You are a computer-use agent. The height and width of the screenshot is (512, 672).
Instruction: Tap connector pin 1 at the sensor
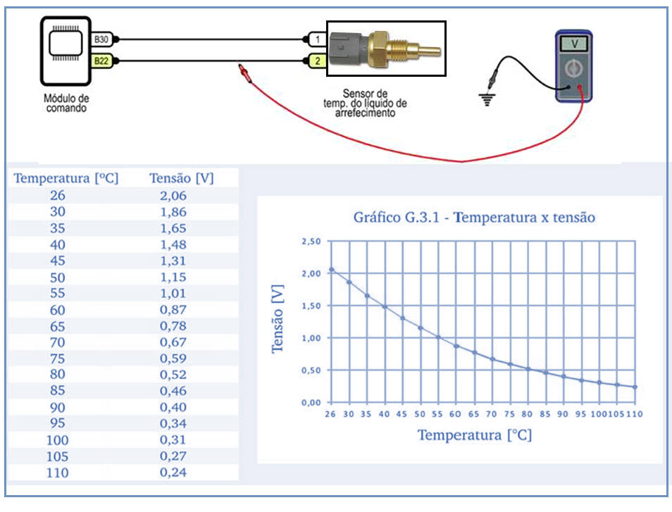pyautogui.click(x=318, y=39)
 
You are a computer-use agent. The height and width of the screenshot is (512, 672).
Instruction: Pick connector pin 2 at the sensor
pyautogui.click(x=318, y=61)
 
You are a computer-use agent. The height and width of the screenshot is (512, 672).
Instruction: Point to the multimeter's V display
pyautogui.click(x=576, y=43)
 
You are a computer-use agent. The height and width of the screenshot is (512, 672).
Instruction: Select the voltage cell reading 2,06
pyautogui.click(x=173, y=196)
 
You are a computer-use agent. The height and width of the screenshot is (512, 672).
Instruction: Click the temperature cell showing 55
pyautogui.click(x=58, y=293)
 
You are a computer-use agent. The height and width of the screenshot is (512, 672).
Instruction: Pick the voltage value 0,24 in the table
pyautogui.click(x=173, y=472)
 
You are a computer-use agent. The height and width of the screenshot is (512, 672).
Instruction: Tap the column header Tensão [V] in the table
pyautogui.click(x=181, y=178)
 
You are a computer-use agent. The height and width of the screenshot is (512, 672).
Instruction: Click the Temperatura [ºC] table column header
pyautogui.click(x=66, y=178)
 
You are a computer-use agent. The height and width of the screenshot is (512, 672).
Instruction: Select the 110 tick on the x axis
pyautogui.click(x=635, y=413)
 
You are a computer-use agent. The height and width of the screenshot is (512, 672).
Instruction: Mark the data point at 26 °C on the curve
pyautogui.click(x=331, y=270)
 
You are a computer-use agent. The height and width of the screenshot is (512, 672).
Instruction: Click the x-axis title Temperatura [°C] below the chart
pyautogui.click(x=475, y=435)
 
